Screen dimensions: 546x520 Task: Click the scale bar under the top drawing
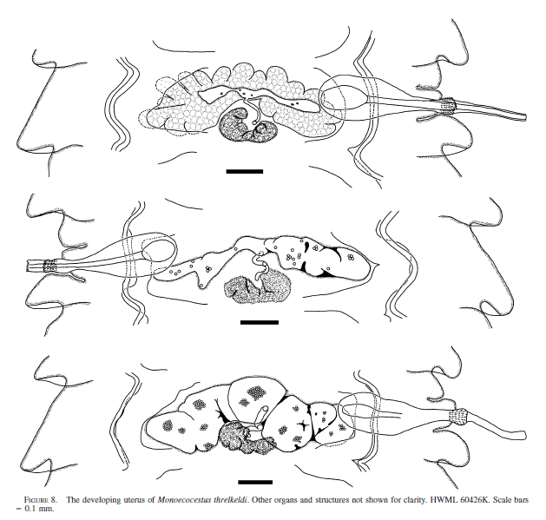coord(245,171)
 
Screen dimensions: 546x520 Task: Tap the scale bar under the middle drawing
coord(260,322)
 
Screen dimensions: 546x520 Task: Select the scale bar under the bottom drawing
coord(255,482)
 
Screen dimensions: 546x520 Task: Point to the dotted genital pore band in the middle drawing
coord(49,267)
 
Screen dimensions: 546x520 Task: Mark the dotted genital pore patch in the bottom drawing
coord(457,417)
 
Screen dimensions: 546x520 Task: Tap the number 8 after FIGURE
coord(53,500)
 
